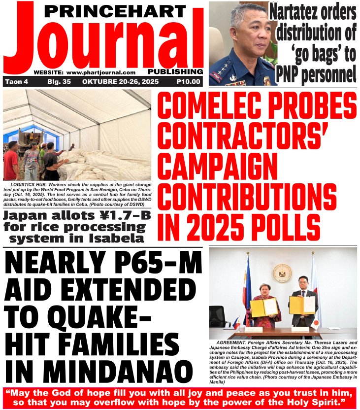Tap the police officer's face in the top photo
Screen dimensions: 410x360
tap(244, 34)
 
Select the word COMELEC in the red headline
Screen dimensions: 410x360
tap(207, 104)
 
